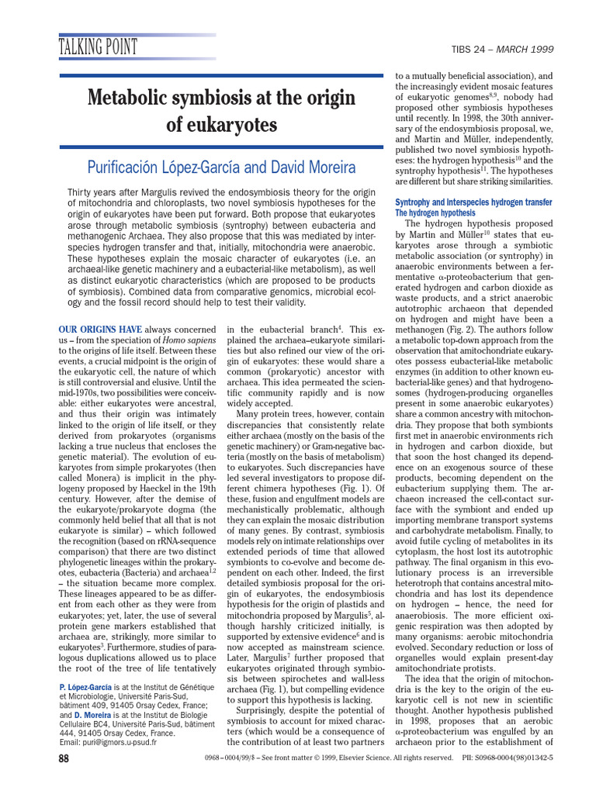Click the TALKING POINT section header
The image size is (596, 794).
coord(99,47)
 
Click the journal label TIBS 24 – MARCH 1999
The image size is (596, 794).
coord(513,49)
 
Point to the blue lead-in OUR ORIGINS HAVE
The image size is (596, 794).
coord(100,330)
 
